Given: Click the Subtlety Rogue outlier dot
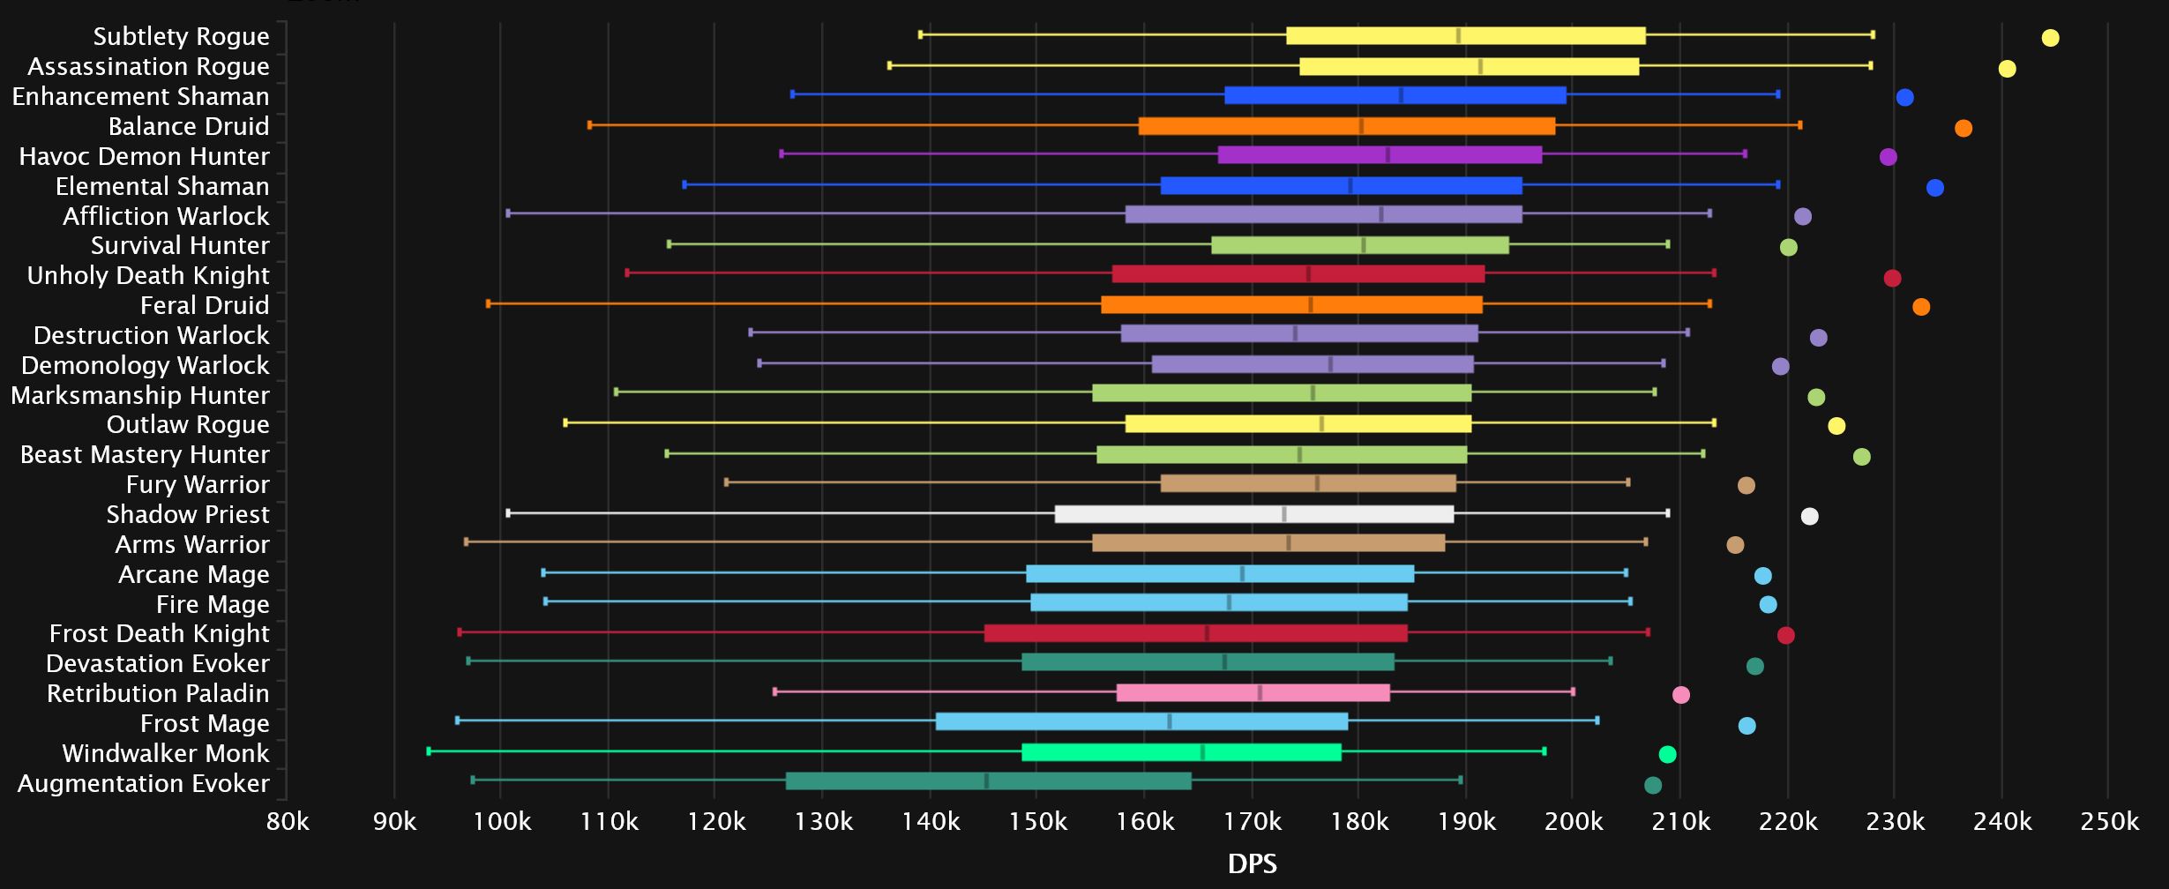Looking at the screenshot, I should [2050, 38].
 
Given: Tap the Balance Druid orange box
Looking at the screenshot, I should [1346, 126].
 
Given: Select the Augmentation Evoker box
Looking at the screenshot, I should [988, 781].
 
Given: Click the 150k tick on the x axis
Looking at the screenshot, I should [1037, 822].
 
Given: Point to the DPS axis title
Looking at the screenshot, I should [1252, 864].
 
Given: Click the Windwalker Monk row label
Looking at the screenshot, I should [165, 753].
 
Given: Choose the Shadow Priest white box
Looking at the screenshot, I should [1253, 514].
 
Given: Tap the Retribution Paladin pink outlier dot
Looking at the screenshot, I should [1680, 695].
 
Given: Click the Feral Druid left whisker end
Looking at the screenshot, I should [488, 303].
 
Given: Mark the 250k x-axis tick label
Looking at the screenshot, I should [2109, 822].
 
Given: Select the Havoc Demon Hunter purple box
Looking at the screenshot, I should [1380, 155].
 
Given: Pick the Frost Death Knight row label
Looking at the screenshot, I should [159, 633].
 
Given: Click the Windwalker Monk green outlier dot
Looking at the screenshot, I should [1666, 754].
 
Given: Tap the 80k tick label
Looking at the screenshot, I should [288, 822].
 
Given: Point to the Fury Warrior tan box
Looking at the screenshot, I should [1307, 483].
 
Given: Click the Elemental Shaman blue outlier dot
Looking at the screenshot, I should [1934, 188].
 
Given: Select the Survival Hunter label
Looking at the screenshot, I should [180, 245].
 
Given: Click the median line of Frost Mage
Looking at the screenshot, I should [1169, 721].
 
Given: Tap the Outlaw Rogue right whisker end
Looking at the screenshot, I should [1713, 423].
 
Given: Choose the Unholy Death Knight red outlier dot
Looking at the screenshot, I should [1891, 279].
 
